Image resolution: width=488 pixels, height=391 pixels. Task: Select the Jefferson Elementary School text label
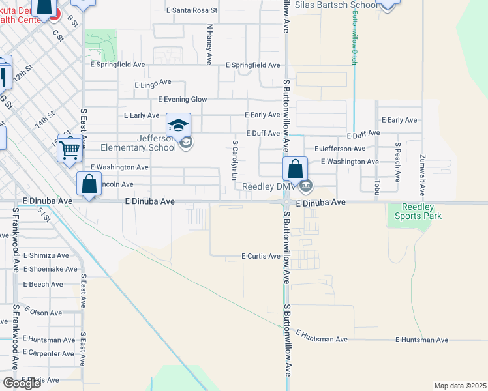[x=147, y=142]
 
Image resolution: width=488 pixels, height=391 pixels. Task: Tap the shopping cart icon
[x=69, y=149]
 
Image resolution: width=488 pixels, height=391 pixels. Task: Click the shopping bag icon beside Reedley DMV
[x=296, y=169]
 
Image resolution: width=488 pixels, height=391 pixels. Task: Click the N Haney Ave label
[x=209, y=44]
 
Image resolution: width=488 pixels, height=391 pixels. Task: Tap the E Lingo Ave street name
[x=153, y=84]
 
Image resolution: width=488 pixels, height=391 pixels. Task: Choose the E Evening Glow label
[x=182, y=99]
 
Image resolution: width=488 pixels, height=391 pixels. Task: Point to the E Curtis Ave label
[x=261, y=256]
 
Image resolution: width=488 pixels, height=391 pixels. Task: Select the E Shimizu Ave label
[x=46, y=255]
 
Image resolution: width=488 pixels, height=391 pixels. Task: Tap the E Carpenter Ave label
[x=48, y=353]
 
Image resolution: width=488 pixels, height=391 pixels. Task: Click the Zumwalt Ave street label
[x=423, y=175]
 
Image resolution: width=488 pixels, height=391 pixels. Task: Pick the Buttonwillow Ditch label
[x=355, y=33]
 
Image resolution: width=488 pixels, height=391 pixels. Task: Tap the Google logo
[x=21, y=383]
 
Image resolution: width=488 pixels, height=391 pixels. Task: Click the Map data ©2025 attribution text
[x=460, y=386]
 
